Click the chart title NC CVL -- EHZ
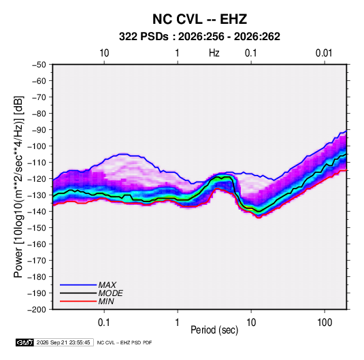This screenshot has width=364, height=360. (x=199, y=19)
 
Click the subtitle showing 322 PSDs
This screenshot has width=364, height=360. (x=199, y=37)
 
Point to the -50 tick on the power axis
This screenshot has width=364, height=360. (x=39, y=65)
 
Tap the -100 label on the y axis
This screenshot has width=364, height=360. (x=37, y=146)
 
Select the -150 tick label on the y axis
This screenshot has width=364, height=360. (x=37, y=228)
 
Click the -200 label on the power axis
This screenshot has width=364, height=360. (x=37, y=310)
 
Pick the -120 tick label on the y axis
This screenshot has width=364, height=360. (x=37, y=179)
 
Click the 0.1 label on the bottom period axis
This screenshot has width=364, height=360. (x=104, y=323)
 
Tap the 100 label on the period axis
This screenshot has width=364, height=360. (x=325, y=323)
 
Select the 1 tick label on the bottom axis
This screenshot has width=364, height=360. (x=178, y=323)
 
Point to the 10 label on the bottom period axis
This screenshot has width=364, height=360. (x=251, y=323)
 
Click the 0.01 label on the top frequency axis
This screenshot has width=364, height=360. (x=324, y=53)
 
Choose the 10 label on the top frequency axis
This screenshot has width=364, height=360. (x=104, y=53)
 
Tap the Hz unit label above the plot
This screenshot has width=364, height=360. (x=214, y=53)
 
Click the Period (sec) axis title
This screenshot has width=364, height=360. (x=214, y=330)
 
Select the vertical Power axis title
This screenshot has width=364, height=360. (x=18, y=187)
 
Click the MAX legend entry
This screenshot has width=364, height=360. (x=107, y=285)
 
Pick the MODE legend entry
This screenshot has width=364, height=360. (x=110, y=293)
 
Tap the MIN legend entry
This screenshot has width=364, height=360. (x=106, y=301)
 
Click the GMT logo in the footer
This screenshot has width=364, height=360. (x=25, y=342)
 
